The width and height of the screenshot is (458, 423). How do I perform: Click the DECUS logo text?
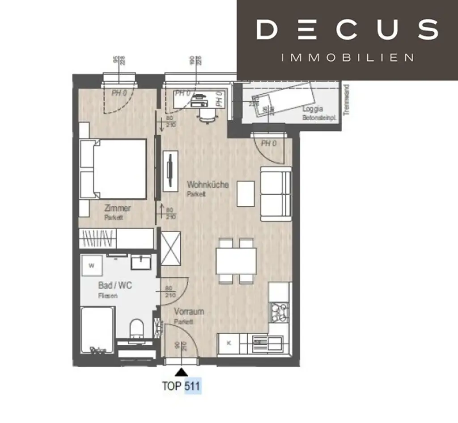point(347,30)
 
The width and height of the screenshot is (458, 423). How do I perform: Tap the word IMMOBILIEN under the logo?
point(347,58)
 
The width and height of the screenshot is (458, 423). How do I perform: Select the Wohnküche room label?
point(208,184)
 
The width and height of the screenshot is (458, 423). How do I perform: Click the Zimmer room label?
point(117,208)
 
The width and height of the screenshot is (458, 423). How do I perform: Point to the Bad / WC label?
point(115,285)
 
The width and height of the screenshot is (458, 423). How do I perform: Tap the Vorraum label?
point(189,312)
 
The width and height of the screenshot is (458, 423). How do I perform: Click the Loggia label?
point(312,109)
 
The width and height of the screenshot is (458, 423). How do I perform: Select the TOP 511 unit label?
point(182,386)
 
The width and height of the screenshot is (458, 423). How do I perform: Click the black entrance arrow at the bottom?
point(181,372)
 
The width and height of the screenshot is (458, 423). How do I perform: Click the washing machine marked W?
point(92,266)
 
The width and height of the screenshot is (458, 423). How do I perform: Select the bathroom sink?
point(141,262)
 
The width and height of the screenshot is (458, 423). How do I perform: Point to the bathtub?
point(97,330)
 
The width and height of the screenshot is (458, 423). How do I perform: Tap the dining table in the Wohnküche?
point(236,261)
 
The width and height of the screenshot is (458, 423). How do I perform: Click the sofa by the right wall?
point(276,193)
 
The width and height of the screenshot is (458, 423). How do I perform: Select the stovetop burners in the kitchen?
point(280,311)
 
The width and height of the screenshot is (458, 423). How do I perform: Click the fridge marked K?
point(229,343)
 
